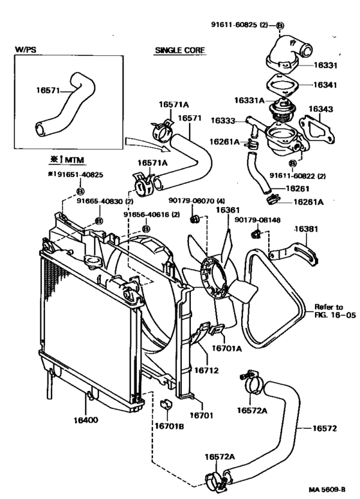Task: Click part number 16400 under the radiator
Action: point(86,420)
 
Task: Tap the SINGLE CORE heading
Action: point(180,50)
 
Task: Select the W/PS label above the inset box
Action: point(26,50)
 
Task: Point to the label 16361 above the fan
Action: point(228,210)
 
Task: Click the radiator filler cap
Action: point(93,261)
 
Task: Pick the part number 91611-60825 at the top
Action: point(234,24)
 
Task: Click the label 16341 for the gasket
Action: point(325,85)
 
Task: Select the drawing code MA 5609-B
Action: point(327,489)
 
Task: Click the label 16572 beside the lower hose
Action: point(325,428)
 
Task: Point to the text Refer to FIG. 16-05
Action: point(335,311)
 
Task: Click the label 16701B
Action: point(169,426)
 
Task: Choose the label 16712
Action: point(206,370)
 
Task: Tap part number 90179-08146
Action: point(258,220)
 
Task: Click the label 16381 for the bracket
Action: point(306,229)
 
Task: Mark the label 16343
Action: point(321,109)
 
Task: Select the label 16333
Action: point(222,121)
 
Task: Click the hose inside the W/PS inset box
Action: point(64,105)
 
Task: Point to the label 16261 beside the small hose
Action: point(298,188)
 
